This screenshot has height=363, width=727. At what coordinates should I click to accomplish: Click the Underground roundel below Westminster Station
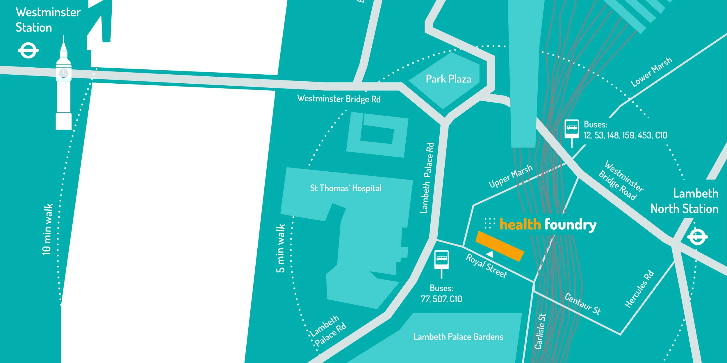(x=28, y=51)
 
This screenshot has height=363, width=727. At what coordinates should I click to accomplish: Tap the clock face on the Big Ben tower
(x=63, y=73)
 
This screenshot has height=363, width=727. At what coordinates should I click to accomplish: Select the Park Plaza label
(x=448, y=79)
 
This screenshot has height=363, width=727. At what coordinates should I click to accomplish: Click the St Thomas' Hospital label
(x=345, y=188)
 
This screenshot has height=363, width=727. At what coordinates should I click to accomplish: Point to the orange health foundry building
(x=500, y=246)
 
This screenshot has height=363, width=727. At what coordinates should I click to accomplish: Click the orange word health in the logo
(x=520, y=224)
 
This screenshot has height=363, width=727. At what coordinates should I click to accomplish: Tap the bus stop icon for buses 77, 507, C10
(x=441, y=259)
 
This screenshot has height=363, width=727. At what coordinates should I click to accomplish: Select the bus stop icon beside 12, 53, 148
(x=571, y=129)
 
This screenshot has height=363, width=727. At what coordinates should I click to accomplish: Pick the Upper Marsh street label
(x=511, y=176)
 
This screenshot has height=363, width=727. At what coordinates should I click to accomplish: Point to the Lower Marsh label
(x=651, y=72)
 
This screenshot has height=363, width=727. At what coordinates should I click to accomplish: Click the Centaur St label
(x=582, y=304)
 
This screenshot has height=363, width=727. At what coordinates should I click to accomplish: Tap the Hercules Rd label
(x=639, y=289)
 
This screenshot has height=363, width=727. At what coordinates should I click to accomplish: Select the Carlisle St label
(x=540, y=331)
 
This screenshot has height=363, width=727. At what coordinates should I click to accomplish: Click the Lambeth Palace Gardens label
(x=458, y=337)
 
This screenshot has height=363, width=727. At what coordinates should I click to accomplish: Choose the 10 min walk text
(x=47, y=229)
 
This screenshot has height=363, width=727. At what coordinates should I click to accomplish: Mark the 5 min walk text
(x=280, y=248)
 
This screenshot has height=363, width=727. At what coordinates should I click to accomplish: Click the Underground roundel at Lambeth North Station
(x=697, y=237)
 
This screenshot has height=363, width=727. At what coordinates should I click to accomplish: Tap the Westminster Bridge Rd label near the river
(x=339, y=99)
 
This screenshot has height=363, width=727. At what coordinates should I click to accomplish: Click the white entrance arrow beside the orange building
(x=490, y=254)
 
